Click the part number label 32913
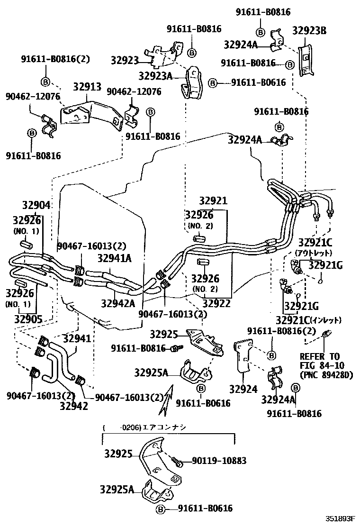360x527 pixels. [87, 87]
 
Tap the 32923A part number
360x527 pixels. [155, 75]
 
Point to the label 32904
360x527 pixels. [36, 205]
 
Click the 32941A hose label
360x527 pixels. [115, 258]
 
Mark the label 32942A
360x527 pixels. [117, 302]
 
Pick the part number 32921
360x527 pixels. [213, 201]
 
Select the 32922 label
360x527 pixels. [216, 303]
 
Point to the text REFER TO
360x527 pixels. [319, 356]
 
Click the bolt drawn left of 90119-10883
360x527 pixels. [176, 461]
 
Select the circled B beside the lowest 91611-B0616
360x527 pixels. [161, 509]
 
